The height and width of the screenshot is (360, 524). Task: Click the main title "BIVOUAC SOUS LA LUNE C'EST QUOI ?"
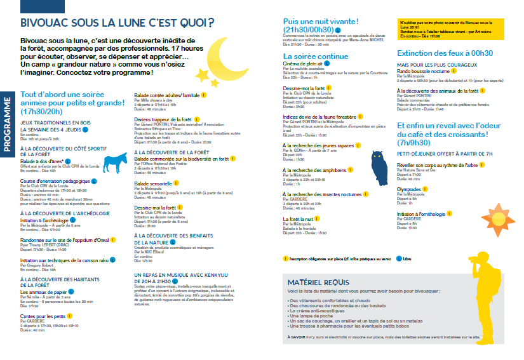(117, 23)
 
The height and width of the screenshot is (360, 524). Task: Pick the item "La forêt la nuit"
(299, 218)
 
